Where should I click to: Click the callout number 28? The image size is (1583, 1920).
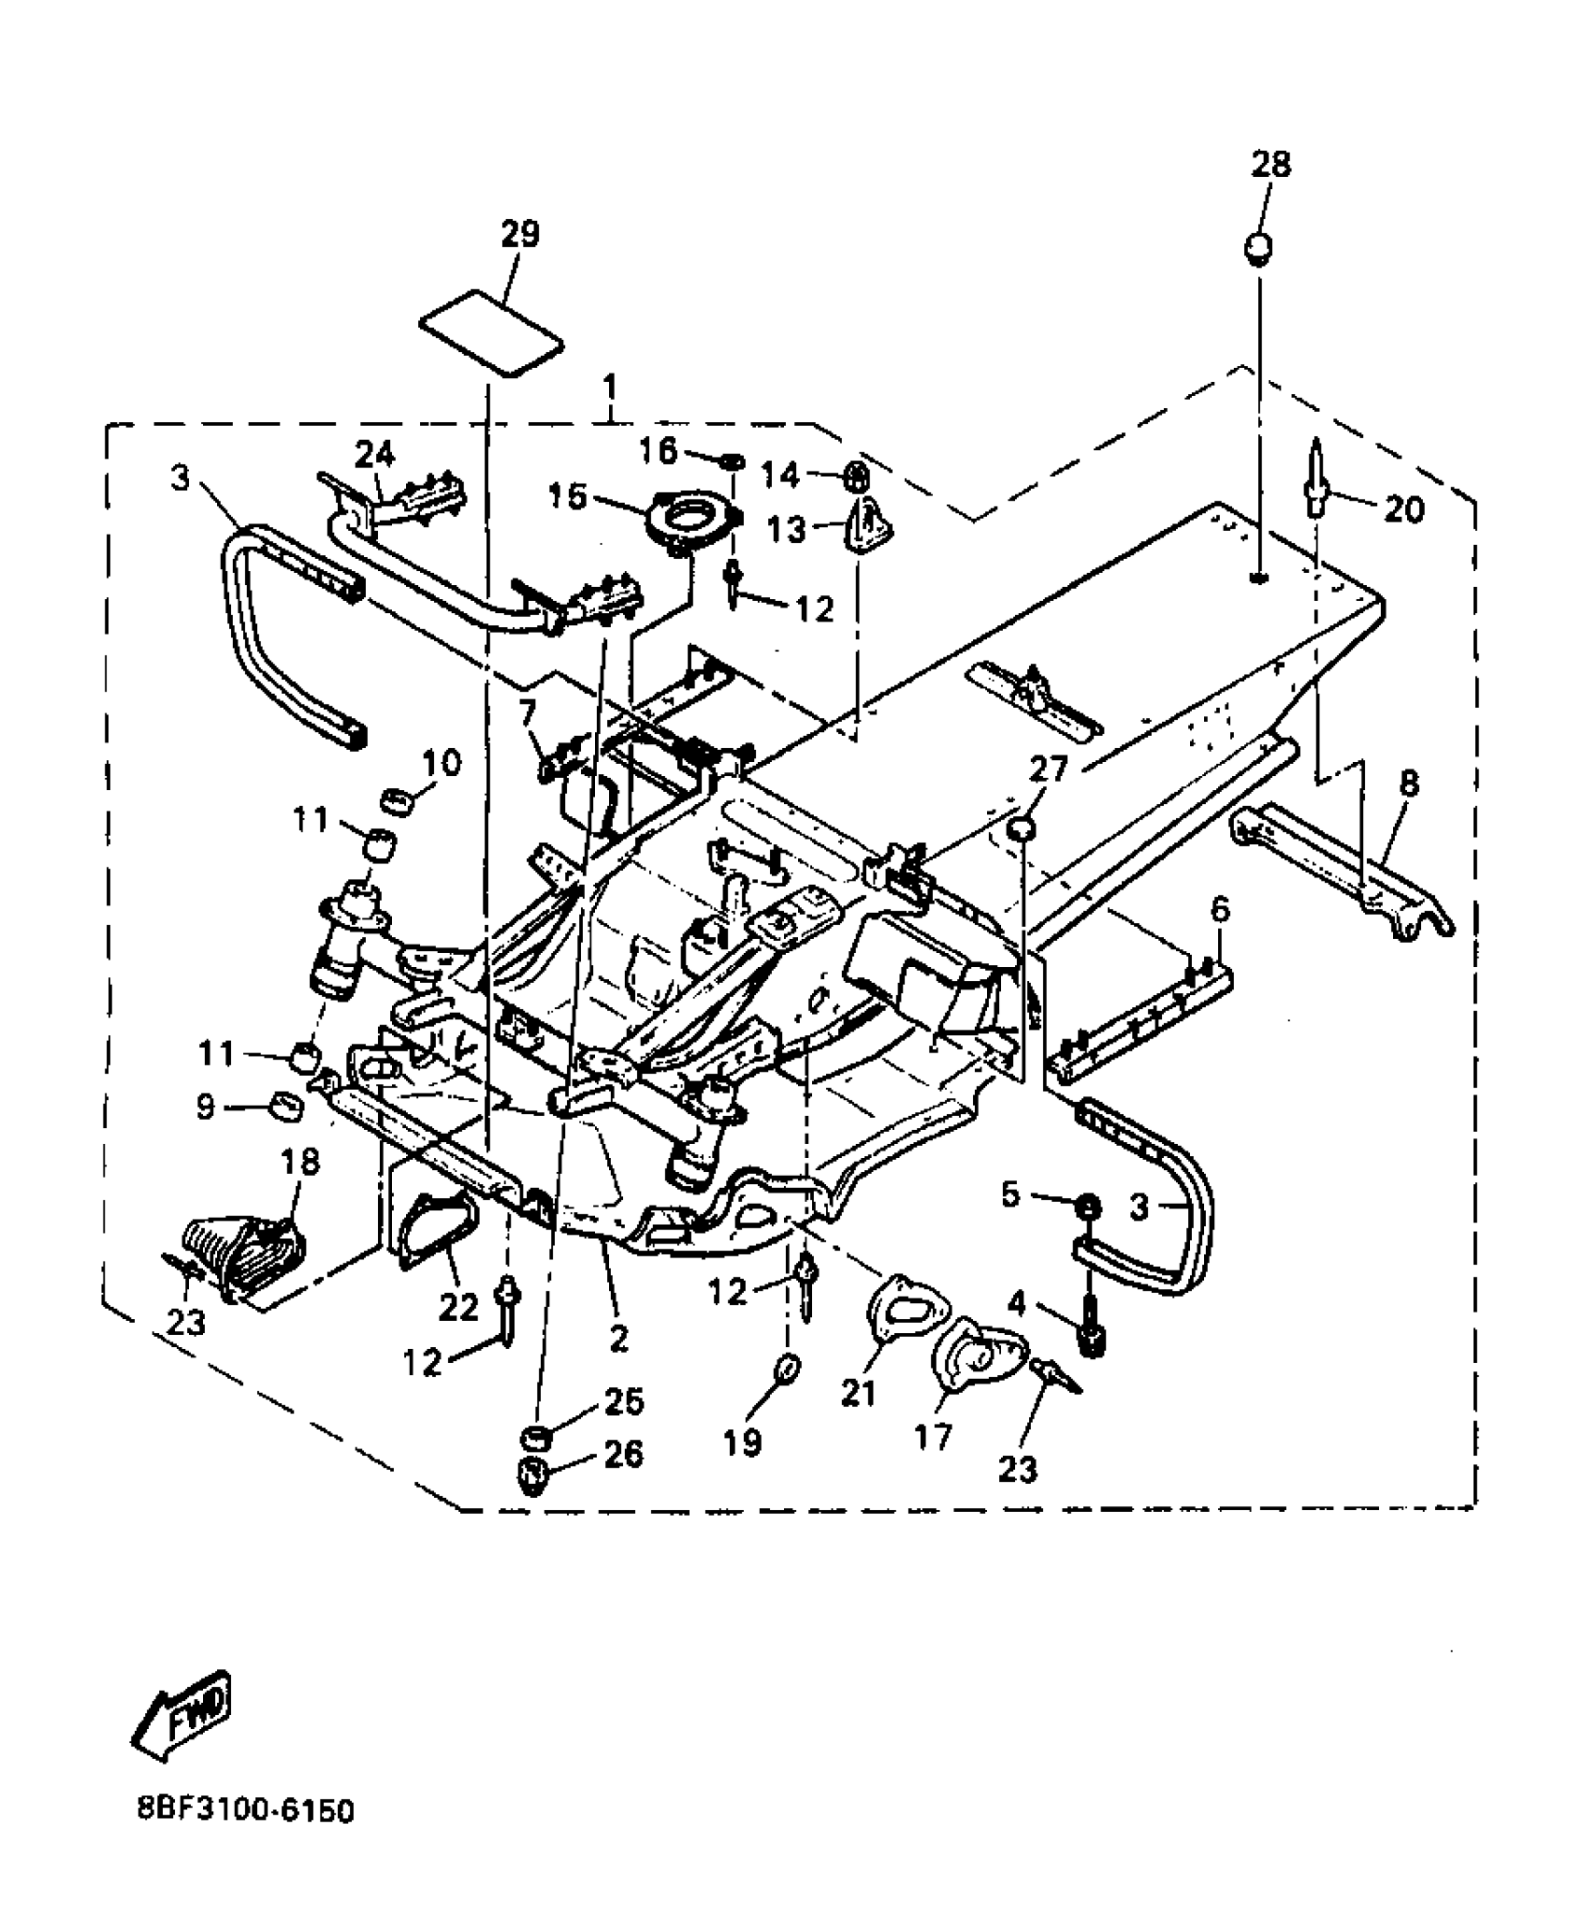1271,165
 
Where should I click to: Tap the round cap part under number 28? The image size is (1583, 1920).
1258,249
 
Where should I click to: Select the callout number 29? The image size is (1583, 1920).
520,234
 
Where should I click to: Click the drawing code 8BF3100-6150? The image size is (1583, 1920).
246,1838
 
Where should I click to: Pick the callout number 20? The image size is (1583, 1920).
1403,510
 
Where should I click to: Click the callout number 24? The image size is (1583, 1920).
374,455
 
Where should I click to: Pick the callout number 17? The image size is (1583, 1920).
933,1436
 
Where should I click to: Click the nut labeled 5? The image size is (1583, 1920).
1087,1206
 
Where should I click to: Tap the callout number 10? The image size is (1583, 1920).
441,764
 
